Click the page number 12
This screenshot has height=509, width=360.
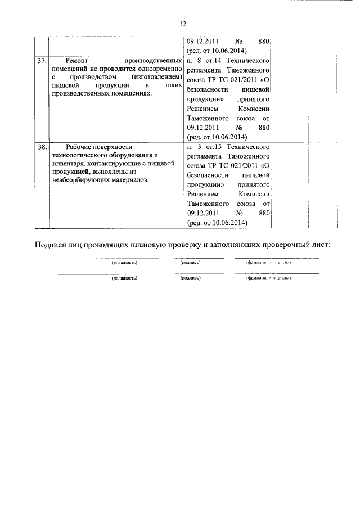(x=183, y=24)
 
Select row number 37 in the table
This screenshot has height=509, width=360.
(x=41, y=60)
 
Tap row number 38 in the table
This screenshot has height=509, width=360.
(x=41, y=146)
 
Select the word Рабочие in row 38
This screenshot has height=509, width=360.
(x=80, y=146)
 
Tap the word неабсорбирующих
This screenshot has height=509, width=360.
(x=79, y=180)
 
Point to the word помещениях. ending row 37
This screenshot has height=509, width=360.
(x=129, y=93)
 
